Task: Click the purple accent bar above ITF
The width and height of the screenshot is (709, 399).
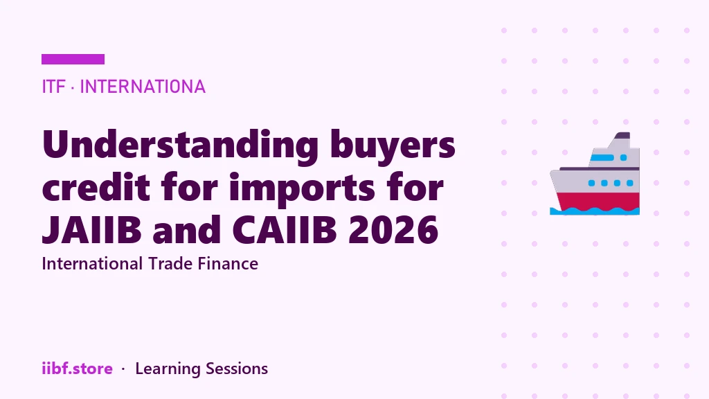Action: (73, 60)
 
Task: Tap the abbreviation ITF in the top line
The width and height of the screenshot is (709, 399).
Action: (53, 87)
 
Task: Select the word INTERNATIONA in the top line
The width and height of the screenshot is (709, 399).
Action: (143, 87)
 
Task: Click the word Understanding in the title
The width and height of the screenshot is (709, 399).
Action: (180, 145)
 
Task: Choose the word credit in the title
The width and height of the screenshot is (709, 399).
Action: (96, 186)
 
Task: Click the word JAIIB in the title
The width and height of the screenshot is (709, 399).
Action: (92, 229)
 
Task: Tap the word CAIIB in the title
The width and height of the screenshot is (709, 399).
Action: (285, 229)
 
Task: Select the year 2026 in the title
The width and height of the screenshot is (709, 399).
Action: (393, 229)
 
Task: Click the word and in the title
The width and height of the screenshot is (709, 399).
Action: (187, 229)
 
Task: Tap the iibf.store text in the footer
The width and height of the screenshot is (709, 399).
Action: (77, 369)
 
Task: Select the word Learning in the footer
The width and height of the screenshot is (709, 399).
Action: (168, 369)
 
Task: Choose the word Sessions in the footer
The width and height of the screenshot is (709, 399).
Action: (237, 369)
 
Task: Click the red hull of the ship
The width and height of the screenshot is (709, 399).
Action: (598, 201)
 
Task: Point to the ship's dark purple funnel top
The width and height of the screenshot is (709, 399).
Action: (622, 135)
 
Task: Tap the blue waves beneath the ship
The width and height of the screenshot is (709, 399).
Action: (595, 211)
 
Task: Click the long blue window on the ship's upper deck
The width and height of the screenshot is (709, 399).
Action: (602, 158)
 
